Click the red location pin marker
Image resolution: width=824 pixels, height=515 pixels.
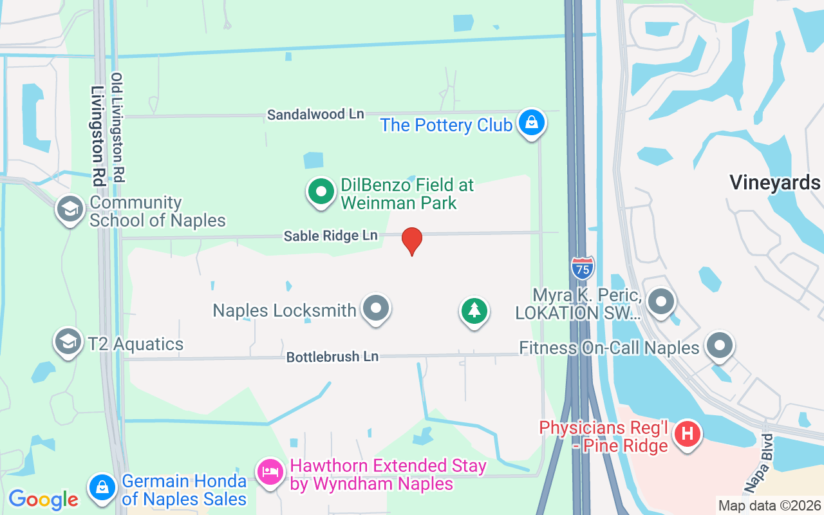[412, 241]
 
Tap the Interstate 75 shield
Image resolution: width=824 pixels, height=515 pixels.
[582, 267]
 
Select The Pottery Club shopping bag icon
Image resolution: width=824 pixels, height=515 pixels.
[531, 122]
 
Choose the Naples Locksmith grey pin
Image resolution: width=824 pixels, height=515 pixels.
[376, 309]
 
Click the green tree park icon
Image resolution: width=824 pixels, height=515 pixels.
[474, 310]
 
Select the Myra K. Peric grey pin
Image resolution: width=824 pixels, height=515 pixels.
[660, 301]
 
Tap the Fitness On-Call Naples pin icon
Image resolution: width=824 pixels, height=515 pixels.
[720, 347]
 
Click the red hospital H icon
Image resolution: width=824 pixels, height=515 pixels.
[688, 434]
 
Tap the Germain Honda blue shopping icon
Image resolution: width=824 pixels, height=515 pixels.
[102, 489]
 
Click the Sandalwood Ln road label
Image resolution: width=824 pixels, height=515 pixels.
[315, 115]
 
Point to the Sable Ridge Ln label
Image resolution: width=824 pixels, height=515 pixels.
[330, 236]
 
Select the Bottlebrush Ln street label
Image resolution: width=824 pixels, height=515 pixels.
[332, 356]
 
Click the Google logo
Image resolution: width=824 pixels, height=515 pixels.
[43, 500]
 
